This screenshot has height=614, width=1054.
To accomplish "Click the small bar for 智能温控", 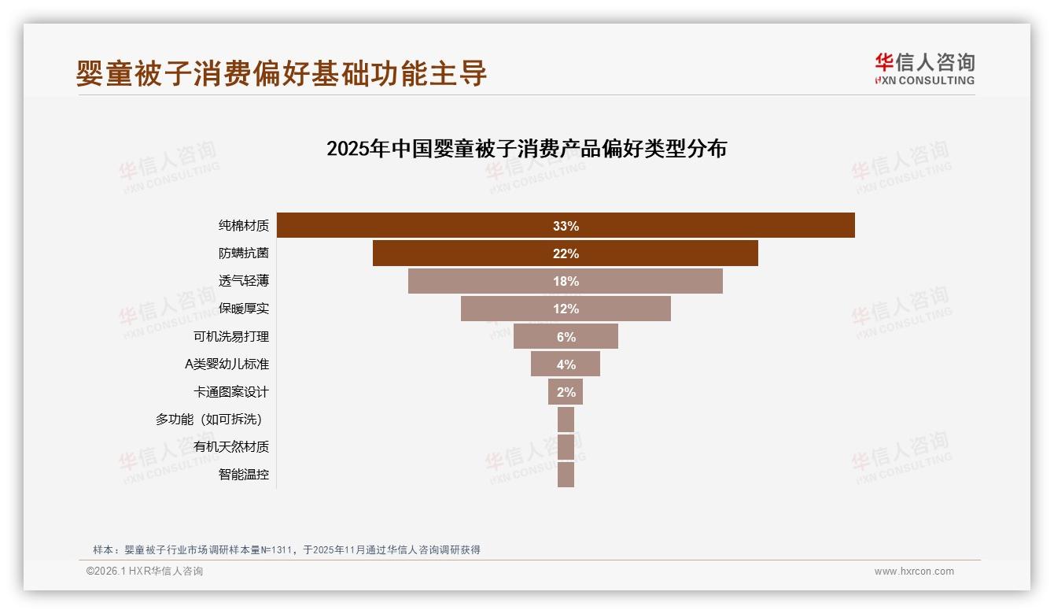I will pos(566,475).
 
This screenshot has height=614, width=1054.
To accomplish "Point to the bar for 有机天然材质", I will pos(566,447).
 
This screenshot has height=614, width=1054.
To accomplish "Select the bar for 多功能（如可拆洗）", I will pos(566,420).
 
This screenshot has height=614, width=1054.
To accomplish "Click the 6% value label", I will pos(566,337).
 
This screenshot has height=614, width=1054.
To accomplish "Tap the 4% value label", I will pos(566,364).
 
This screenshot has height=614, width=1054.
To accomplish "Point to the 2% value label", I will pos(566,392).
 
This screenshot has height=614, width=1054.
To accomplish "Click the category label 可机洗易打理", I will pos(231,337).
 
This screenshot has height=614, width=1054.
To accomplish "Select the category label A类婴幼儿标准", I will pos(227,364).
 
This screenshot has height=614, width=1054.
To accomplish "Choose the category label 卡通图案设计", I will pos(231,392).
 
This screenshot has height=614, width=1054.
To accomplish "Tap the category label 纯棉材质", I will pos(244,226).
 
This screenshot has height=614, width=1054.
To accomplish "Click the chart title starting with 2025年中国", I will pos(526,149).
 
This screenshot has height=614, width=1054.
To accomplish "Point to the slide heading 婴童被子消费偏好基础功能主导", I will pos(282,73).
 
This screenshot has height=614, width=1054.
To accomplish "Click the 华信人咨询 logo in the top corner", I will pos(924,68).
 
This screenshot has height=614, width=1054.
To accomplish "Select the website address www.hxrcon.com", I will pos(914,571).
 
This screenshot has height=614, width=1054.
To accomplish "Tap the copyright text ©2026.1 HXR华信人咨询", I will pos(145,571).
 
